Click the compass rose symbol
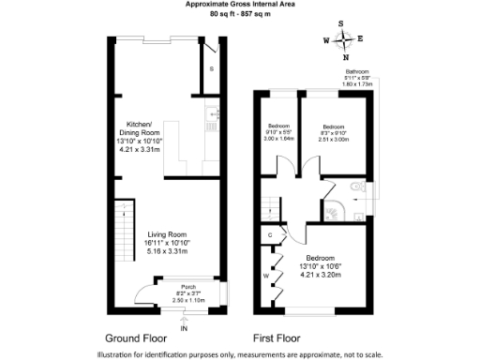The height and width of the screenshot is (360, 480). point(346,39)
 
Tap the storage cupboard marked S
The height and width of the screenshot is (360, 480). point(211,69)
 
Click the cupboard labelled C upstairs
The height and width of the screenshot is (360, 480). point(270,234)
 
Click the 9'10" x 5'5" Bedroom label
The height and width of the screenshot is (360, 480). point(279,132)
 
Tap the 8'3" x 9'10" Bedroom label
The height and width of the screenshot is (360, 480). point(334,132)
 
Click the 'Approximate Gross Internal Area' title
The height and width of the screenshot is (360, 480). point(239,5)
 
